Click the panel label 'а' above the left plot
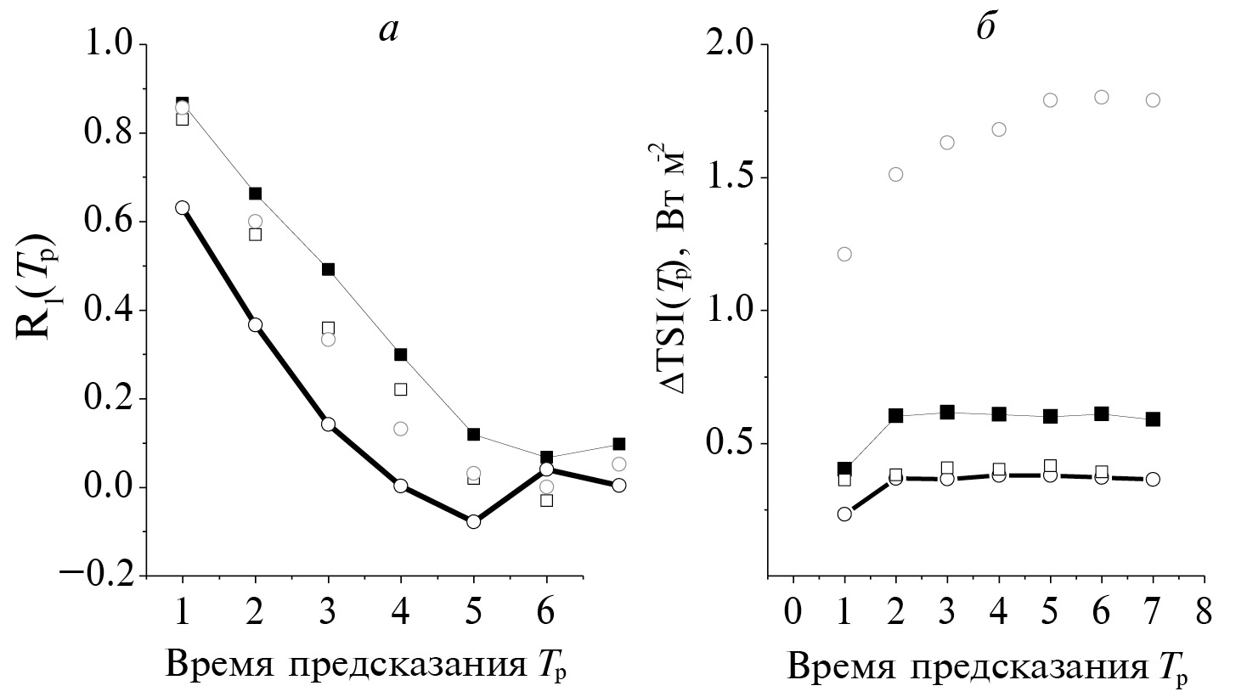click(388, 31)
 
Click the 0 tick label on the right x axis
click(793, 611)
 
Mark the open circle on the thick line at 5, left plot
click(473, 521)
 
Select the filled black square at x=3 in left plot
click(328, 269)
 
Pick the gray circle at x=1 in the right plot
click(844, 254)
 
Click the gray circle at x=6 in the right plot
click(1102, 97)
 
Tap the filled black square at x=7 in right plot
click(1153, 419)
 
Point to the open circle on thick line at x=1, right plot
click(844, 514)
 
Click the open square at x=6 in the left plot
click(546, 500)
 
